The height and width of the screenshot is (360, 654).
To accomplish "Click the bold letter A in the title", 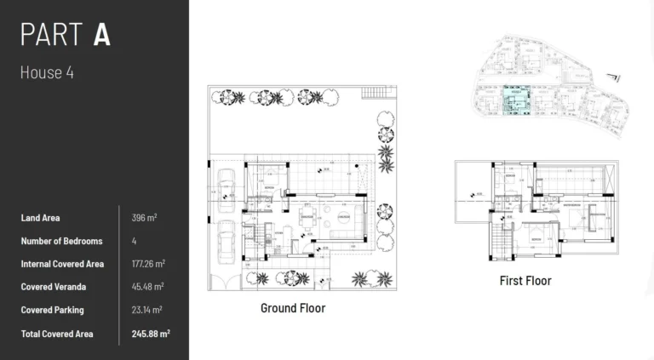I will coord(102,35).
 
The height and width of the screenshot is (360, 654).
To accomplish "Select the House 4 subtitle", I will coord(47,72).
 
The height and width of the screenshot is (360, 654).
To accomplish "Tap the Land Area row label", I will coord(40,218).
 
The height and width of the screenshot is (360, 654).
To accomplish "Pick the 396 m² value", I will coord(145,218).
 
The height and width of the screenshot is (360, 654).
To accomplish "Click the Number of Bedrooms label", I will coord(61,241).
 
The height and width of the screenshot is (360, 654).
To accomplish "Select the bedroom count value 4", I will coord(135,241).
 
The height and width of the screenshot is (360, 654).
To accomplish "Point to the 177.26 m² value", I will coord(149,264).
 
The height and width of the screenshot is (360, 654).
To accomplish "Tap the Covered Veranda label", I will coord(53,287).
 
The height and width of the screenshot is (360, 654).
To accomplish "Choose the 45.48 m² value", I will coord(147,287).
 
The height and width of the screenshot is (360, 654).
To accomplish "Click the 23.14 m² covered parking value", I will coord(147,310).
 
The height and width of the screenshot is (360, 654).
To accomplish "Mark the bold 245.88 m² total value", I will coord(151,333).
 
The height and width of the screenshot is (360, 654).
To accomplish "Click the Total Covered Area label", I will coord(57,333).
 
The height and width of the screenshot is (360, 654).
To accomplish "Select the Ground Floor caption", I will coord(292,308).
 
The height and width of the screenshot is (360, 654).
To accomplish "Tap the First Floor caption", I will coord(525,280).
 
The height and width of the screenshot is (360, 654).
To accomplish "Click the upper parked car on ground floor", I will coord(227,187).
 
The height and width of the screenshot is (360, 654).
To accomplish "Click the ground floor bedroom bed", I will coord(263,180).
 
